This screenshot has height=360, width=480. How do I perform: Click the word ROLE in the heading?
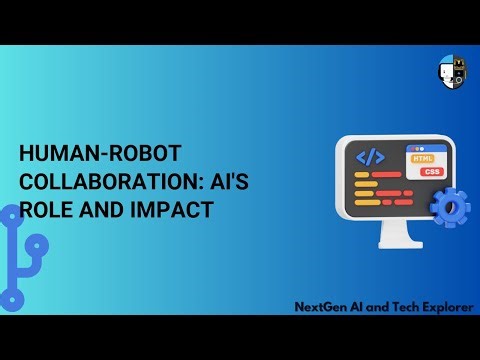pos(47,211)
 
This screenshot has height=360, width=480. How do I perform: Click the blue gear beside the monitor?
pos(449,207)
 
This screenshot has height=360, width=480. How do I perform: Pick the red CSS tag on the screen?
pos(431,172)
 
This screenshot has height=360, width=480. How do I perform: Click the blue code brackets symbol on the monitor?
pos(371,157)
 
